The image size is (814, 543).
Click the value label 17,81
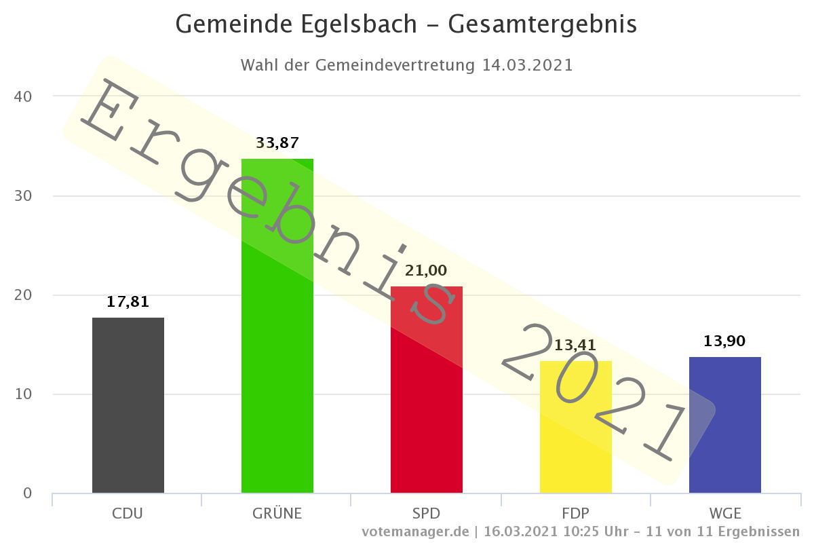pyautogui.click(x=128, y=301)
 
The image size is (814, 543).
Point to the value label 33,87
pyautogui.click(x=277, y=143)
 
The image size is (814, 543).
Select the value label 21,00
pyautogui.click(x=426, y=270)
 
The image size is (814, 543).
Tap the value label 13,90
pyautogui.click(x=724, y=341)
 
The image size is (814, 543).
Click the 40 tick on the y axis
pyautogui.click(x=23, y=96)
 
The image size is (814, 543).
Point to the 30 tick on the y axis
pyautogui.click(x=23, y=195)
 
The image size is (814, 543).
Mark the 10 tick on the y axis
pyautogui.click(x=23, y=394)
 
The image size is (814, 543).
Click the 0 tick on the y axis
pyautogui.click(x=27, y=493)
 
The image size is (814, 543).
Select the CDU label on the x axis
pyautogui.click(x=128, y=513)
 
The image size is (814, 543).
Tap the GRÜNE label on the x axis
pyautogui.click(x=277, y=513)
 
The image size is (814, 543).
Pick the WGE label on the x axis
pyautogui.click(x=724, y=513)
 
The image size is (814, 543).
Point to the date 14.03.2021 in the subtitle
pyautogui.click(x=528, y=65)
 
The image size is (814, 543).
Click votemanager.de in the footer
pyautogui.click(x=415, y=531)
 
